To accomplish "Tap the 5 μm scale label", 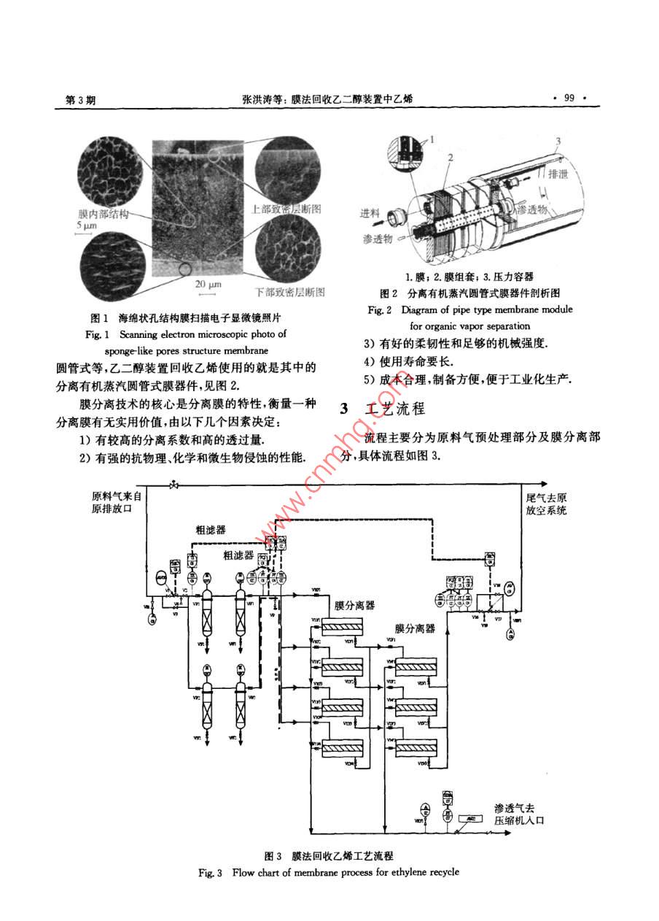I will tap(85, 226).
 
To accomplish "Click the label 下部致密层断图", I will tap(289, 292).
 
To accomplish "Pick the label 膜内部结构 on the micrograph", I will tap(104, 215).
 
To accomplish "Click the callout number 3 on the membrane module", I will tap(558, 140).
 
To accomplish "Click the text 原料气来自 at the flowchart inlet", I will tap(120, 496).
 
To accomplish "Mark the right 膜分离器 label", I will tap(415, 628).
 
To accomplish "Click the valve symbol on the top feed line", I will tap(173, 485).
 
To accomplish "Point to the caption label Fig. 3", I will tap(210, 872).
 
